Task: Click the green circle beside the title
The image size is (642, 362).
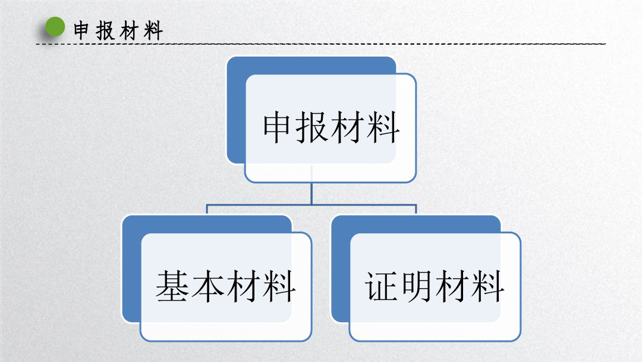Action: (55, 27)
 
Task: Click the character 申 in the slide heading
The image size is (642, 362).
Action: (81, 31)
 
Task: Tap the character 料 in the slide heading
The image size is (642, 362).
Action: (153, 31)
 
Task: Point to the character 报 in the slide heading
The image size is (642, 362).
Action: (105, 31)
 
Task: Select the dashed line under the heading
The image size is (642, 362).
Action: (320, 43)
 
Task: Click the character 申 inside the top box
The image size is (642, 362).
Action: (277, 127)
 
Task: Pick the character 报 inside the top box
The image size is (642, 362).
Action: (312, 127)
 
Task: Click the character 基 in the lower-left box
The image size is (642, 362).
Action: (172, 286)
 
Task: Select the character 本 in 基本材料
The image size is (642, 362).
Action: (207, 286)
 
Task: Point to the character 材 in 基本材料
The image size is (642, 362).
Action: (243, 286)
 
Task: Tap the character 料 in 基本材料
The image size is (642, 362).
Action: (279, 286)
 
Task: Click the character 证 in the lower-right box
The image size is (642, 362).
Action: (381, 286)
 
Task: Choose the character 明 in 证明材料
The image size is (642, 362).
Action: (416, 286)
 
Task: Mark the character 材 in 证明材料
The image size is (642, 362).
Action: (452, 286)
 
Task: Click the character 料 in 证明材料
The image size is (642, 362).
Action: (487, 286)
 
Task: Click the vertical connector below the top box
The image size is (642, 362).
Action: (311, 194)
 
